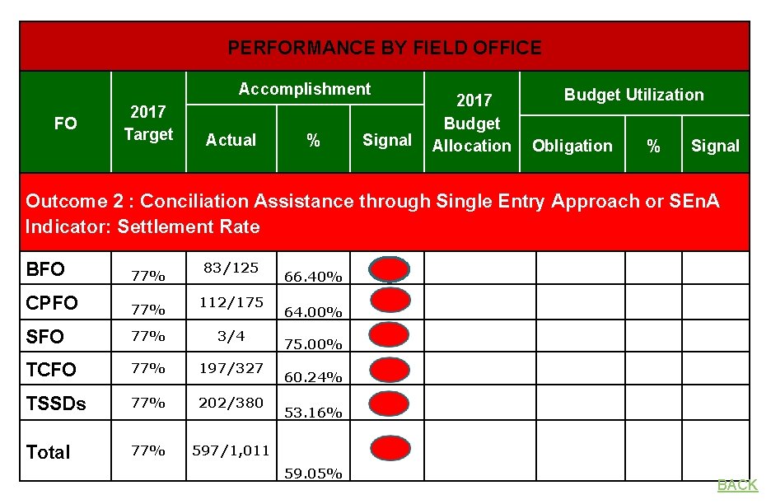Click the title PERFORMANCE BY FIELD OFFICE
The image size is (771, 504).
click(x=385, y=48)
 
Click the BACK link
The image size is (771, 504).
click(x=737, y=485)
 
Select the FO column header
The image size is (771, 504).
click(x=65, y=124)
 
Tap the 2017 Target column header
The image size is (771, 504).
click(x=148, y=123)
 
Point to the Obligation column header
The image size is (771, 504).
click(x=572, y=146)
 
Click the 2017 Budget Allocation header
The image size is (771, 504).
click(x=472, y=124)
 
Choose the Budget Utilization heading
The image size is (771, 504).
click(x=633, y=95)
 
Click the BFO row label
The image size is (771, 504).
click(x=45, y=270)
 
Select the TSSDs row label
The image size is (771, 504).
click(x=56, y=404)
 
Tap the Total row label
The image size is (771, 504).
click(x=49, y=452)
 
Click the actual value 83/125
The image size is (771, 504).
click(x=231, y=268)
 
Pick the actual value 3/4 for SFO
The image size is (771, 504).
click(x=231, y=335)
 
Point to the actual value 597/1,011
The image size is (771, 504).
click(x=231, y=450)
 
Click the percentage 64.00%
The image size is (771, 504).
click(x=313, y=311)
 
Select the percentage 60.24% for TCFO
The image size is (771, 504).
click(x=313, y=377)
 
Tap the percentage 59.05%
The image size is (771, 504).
click(x=313, y=474)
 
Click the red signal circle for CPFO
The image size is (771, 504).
click(x=389, y=300)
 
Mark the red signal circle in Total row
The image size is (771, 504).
click(x=389, y=448)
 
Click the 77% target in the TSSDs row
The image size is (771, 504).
click(x=148, y=404)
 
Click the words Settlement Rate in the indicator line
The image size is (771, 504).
click(x=189, y=226)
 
